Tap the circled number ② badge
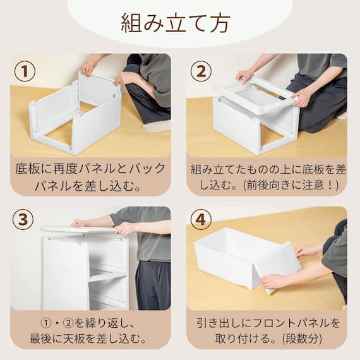coord(201,71)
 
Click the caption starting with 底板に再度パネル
coord(90,177)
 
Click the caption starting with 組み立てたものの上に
coord(267,177)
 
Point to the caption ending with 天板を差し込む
coord(90,330)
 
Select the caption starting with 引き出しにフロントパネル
coord(267,330)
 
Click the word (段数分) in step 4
coord(307,338)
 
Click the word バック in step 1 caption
coord(150,169)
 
